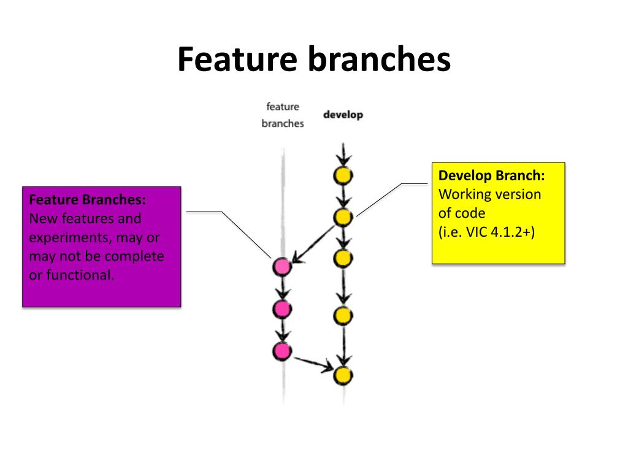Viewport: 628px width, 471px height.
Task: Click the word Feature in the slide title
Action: [x=237, y=59]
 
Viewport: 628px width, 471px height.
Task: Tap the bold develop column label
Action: [x=343, y=115]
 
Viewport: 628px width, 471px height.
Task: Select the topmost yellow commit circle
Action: [x=343, y=175]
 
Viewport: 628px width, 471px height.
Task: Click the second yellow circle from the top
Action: [x=343, y=217]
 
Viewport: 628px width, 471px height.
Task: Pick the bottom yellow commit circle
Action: [x=343, y=375]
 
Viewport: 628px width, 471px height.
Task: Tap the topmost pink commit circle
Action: [x=282, y=267]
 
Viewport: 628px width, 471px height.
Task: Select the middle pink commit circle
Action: [x=282, y=309]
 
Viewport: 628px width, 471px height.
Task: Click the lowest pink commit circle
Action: [x=282, y=351]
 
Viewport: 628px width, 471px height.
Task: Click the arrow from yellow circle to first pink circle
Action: [x=313, y=244]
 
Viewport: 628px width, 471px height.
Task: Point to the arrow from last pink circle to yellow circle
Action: [x=313, y=364]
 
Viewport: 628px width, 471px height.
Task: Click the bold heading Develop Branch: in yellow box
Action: [x=491, y=175]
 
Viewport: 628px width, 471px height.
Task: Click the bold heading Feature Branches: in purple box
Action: [x=87, y=199]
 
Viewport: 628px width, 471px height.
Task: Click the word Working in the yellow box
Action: [x=465, y=194]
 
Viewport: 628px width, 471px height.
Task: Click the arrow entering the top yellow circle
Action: [x=343, y=155]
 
